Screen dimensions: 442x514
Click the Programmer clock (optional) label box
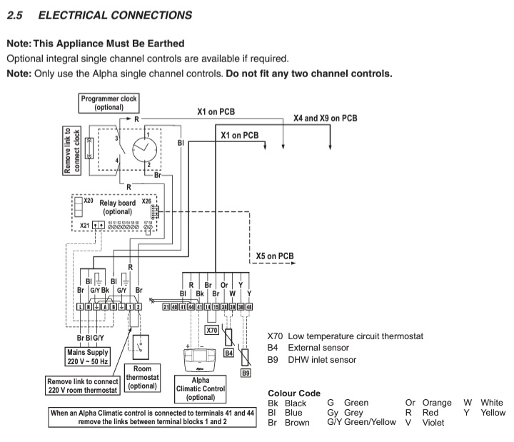click(109, 101)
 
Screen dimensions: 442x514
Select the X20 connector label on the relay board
click(89, 201)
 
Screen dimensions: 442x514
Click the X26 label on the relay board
click(146, 202)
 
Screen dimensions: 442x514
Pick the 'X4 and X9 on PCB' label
click(325, 117)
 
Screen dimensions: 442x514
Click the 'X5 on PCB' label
click(276, 256)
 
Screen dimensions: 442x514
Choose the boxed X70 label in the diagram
click(211, 330)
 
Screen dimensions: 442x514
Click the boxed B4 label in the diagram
click(229, 353)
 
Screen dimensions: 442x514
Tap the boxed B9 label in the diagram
click(246, 372)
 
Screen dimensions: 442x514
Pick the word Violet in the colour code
click(433, 423)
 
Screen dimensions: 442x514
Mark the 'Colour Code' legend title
click(293, 392)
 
